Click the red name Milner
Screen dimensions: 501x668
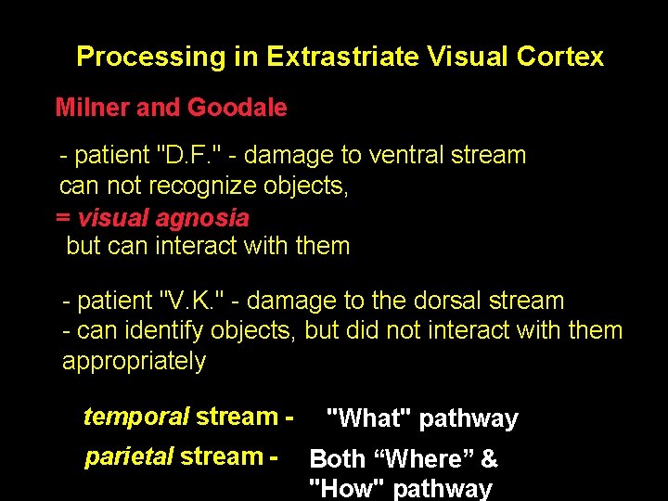click(x=93, y=108)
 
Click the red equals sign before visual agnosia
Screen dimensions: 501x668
click(x=63, y=218)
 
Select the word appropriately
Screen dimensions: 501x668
click(x=135, y=361)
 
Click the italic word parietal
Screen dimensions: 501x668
click(x=128, y=456)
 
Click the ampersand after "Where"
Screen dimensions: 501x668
click(x=489, y=459)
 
